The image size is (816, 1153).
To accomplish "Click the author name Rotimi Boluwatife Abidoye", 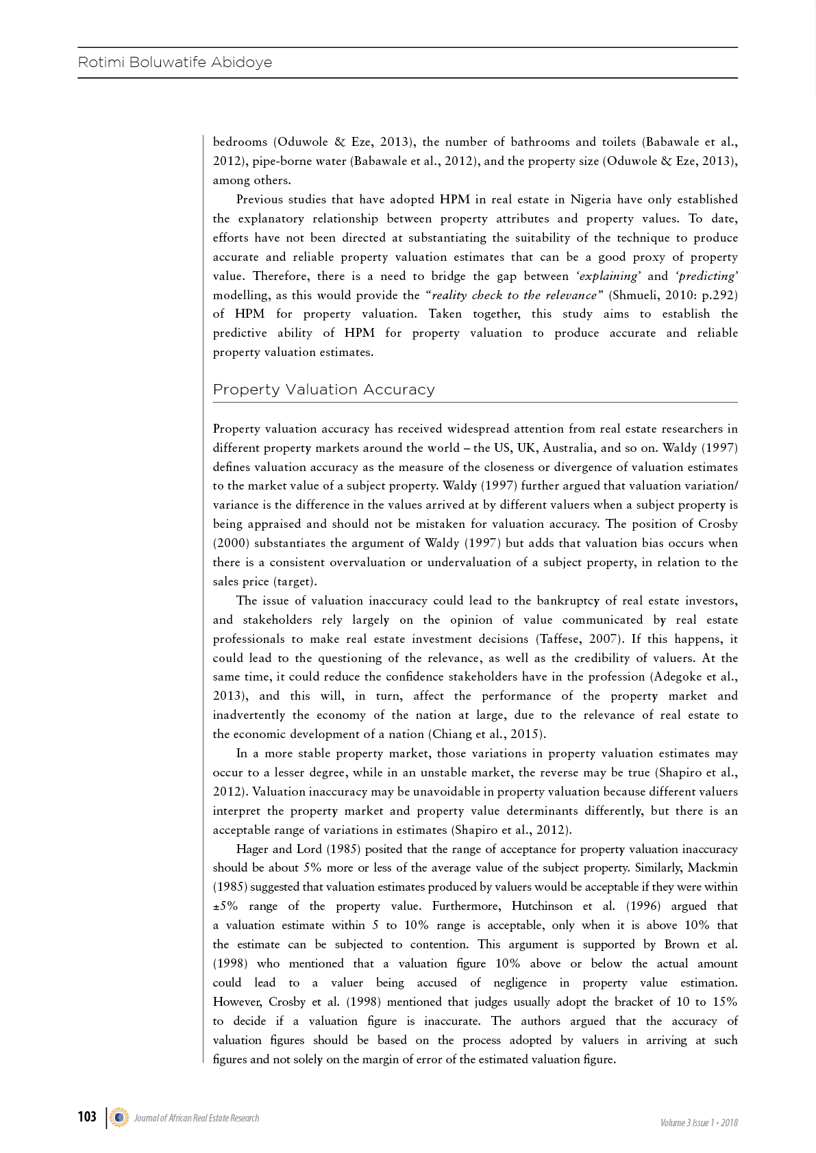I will pos(175,62).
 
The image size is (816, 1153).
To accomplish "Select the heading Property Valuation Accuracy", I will pos(323,390).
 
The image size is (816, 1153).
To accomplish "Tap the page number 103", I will pos(87,1117).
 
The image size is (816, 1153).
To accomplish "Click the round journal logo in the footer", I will pos(119,1117).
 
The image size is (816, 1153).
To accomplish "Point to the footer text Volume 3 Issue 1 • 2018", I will pos(699,1123).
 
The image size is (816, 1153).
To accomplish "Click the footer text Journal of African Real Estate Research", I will pos(197,1118).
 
